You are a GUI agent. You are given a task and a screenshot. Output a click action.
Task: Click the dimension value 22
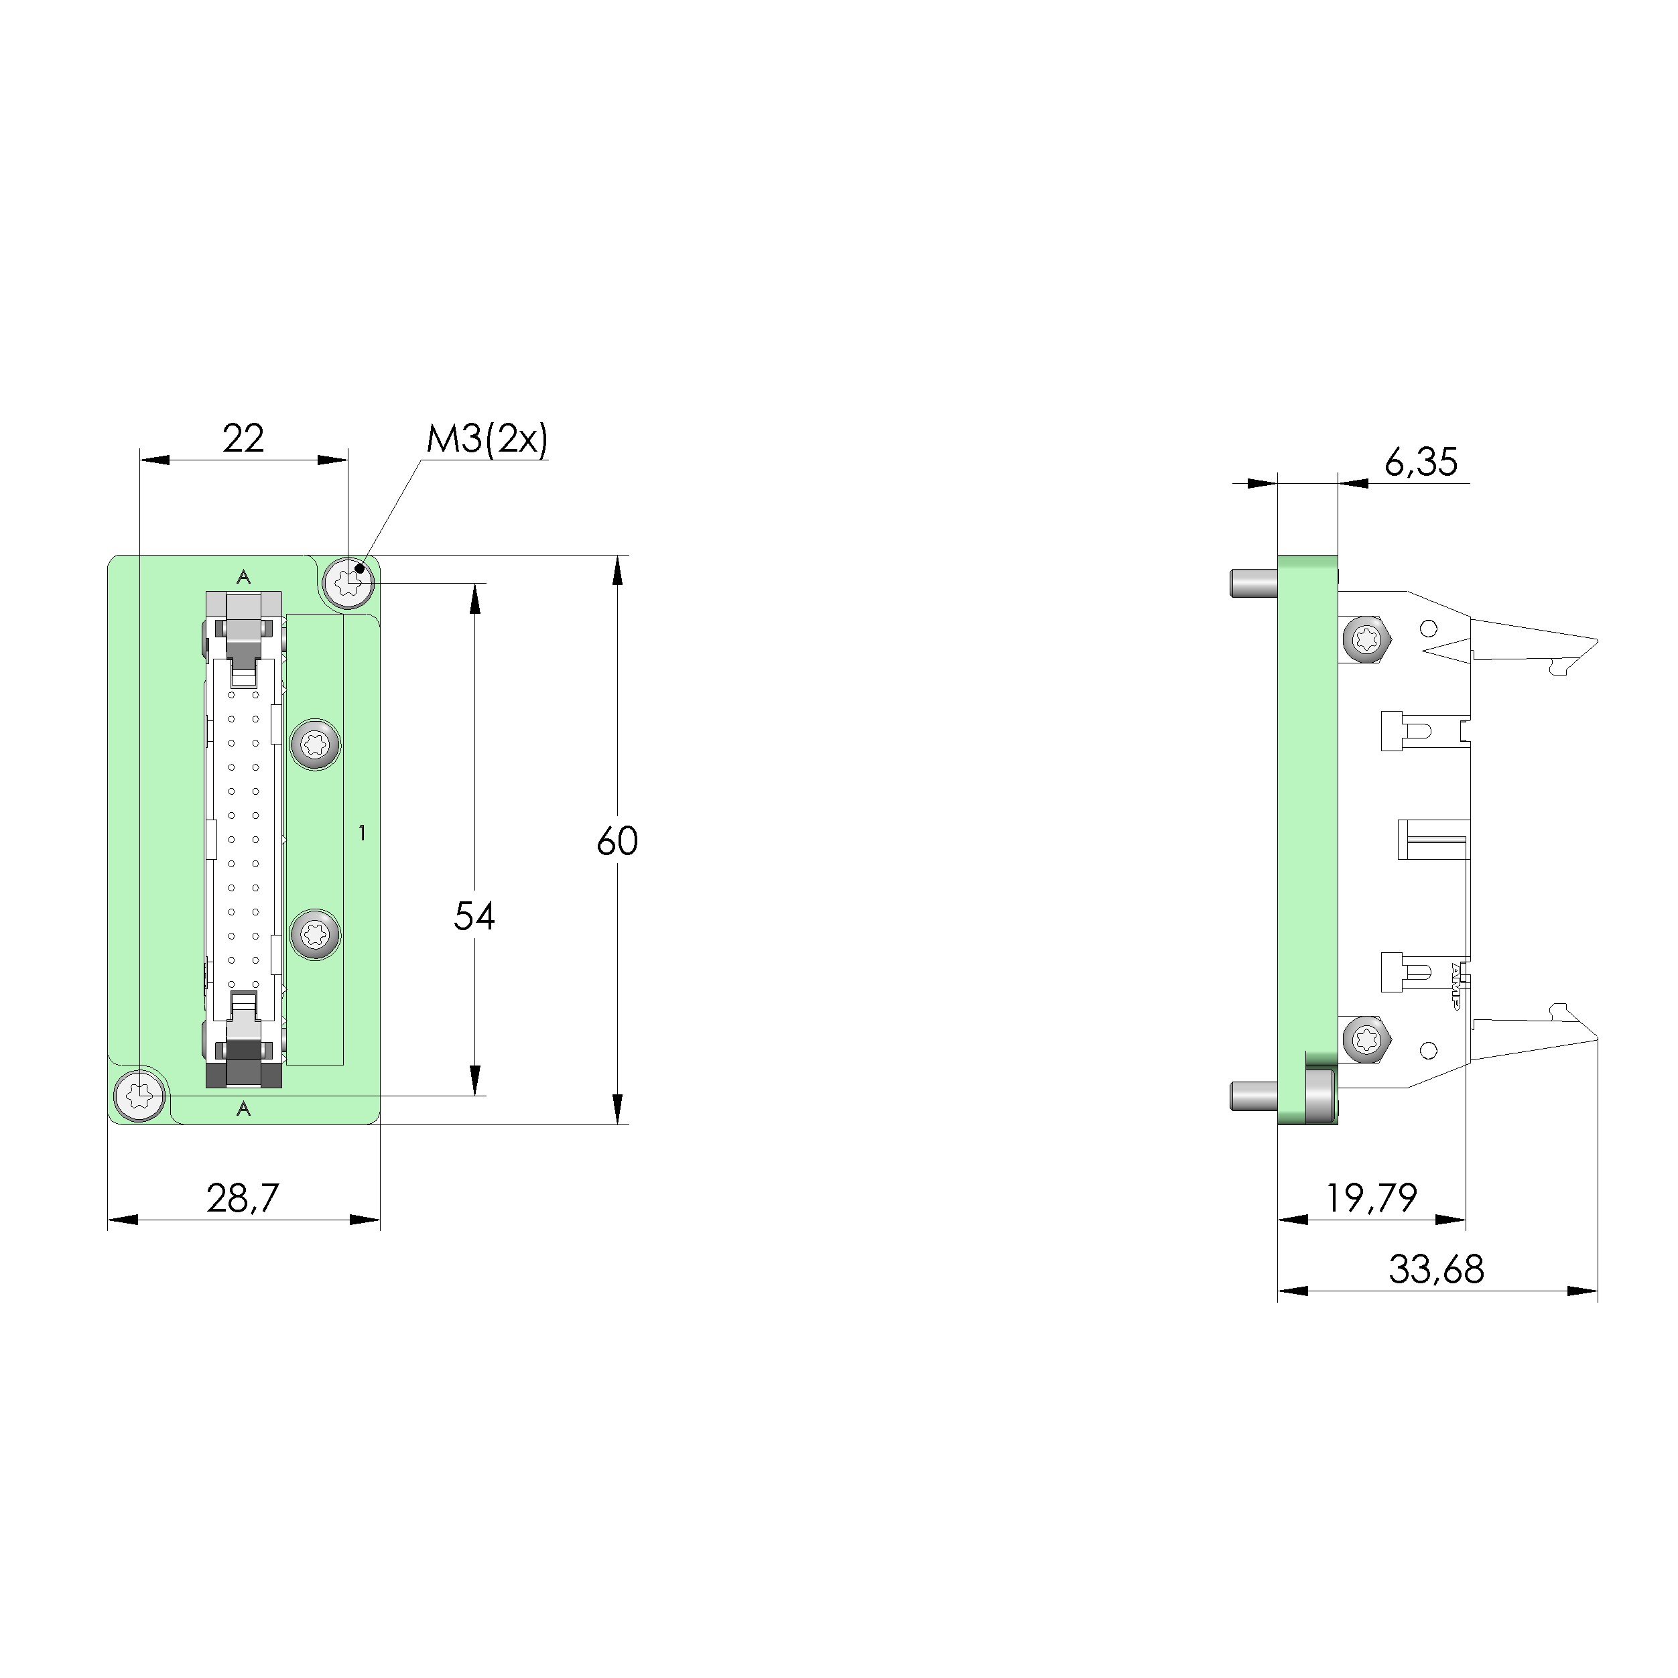[243, 439]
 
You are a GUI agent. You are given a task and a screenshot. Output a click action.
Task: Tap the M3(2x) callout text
[487, 440]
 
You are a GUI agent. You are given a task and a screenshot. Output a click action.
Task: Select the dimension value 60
[618, 841]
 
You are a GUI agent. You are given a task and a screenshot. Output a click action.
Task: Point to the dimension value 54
[474, 916]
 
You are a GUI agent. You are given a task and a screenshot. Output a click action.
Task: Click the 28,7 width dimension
[243, 1199]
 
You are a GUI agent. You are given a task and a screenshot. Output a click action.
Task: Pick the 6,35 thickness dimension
[1421, 463]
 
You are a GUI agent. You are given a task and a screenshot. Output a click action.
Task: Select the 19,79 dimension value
[1371, 1199]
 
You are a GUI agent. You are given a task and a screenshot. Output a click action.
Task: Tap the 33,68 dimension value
[1437, 1270]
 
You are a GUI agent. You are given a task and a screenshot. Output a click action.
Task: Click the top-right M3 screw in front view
[348, 579]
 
